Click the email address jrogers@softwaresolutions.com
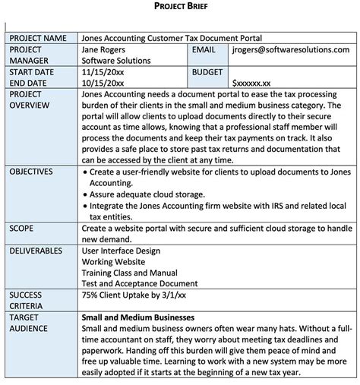[x=292, y=49]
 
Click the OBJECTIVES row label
[x=32, y=172]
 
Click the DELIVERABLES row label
[x=36, y=250]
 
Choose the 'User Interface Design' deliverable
[x=121, y=250]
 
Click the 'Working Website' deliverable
[x=112, y=261]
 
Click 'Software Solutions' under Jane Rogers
[x=117, y=60]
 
